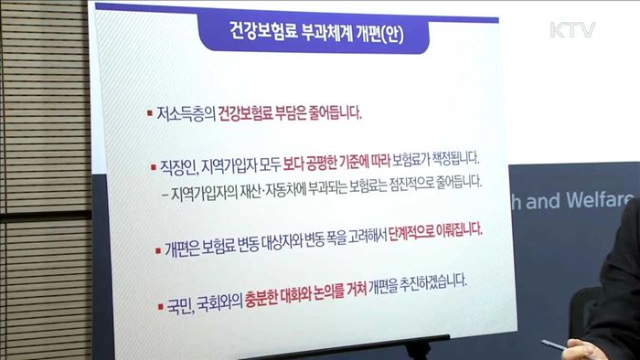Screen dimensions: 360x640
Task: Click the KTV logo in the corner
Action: [572, 29]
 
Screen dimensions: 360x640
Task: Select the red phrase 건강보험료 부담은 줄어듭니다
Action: [290, 116]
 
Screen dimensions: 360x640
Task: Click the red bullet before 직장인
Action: [153, 166]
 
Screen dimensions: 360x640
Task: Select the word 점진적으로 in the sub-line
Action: [403, 181]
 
